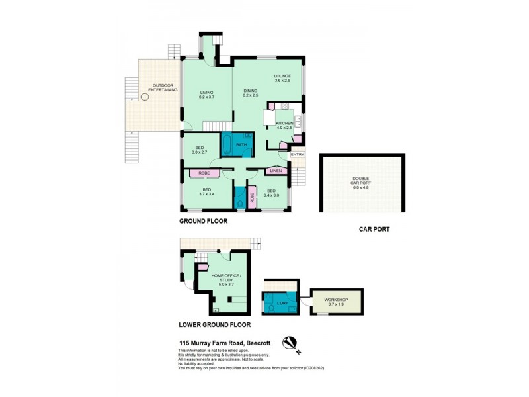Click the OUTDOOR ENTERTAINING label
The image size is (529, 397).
[163, 87]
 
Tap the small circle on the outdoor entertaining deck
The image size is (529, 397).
[145, 97]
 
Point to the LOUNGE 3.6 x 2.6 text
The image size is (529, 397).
[282, 78]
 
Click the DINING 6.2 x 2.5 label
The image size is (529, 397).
[251, 93]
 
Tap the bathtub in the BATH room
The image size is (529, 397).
[227, 144]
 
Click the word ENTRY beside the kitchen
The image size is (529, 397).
[298, 155]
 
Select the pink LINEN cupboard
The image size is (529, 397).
[276, 171]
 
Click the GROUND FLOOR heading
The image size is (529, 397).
[204, 222]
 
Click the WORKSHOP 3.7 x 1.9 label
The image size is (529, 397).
[337, 302]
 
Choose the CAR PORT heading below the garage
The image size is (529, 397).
[374, 230]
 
